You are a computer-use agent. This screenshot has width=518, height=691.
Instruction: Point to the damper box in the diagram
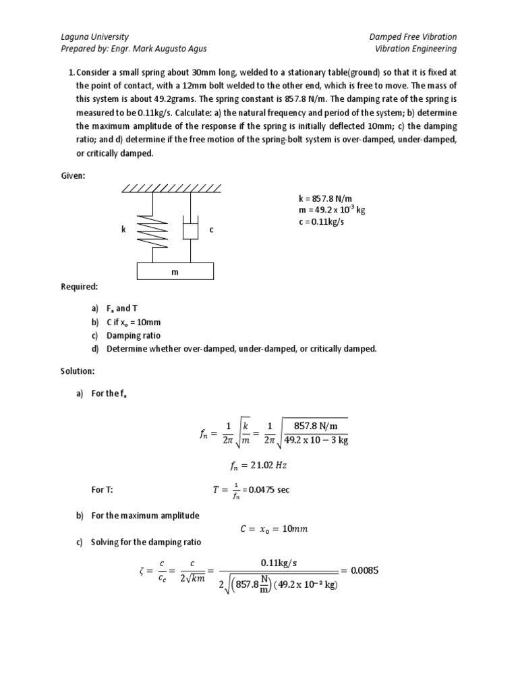(191, 231)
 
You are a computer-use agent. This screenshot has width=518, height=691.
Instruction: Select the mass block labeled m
(175, 271)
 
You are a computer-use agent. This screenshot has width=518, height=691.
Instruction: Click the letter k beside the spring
(123, 229)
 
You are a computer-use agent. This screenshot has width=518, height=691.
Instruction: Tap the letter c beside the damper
(211, 229)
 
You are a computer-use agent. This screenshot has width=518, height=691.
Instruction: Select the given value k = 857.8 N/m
(324, 199)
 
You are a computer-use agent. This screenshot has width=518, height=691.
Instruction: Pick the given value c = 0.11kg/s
(321, 221)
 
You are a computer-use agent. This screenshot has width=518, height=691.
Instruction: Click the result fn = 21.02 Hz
(258, 465)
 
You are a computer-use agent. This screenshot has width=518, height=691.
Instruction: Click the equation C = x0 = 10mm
(273, 529)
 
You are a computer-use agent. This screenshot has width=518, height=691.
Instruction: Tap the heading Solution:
(78, 371)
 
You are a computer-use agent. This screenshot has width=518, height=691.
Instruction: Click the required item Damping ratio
(133, 335)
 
